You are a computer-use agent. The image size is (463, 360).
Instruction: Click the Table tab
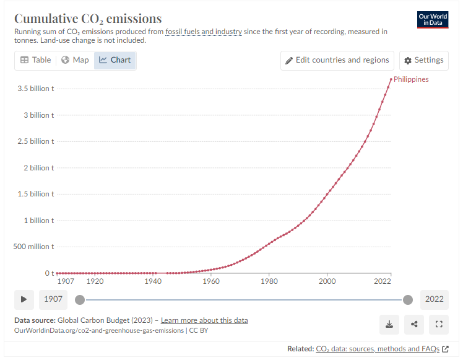(35, 60)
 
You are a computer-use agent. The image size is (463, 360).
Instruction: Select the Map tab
(75, 60)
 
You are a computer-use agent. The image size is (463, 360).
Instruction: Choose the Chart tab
(115, 60)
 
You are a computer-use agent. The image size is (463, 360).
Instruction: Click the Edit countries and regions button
(337, 60)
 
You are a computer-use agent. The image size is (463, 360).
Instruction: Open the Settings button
(423, 60)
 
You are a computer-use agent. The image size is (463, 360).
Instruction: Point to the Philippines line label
(411, 79)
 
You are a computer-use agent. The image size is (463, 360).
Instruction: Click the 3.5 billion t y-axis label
(35, 89)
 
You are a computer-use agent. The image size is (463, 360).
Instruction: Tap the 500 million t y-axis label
(33, 247)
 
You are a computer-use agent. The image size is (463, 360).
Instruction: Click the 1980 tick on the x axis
(269, 281)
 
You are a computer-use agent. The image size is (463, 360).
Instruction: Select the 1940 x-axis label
(153, 281)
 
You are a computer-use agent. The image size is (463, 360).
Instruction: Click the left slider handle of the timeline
(79, 300)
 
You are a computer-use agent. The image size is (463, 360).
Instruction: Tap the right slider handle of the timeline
(407, 300)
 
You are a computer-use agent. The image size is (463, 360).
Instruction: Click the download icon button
(389, 323)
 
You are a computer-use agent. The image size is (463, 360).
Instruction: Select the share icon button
(414, 323)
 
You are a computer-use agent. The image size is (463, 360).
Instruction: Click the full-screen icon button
(438, 323)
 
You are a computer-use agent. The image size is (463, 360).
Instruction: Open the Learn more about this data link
(204, 320)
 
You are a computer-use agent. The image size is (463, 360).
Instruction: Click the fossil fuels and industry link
(203, 32)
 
